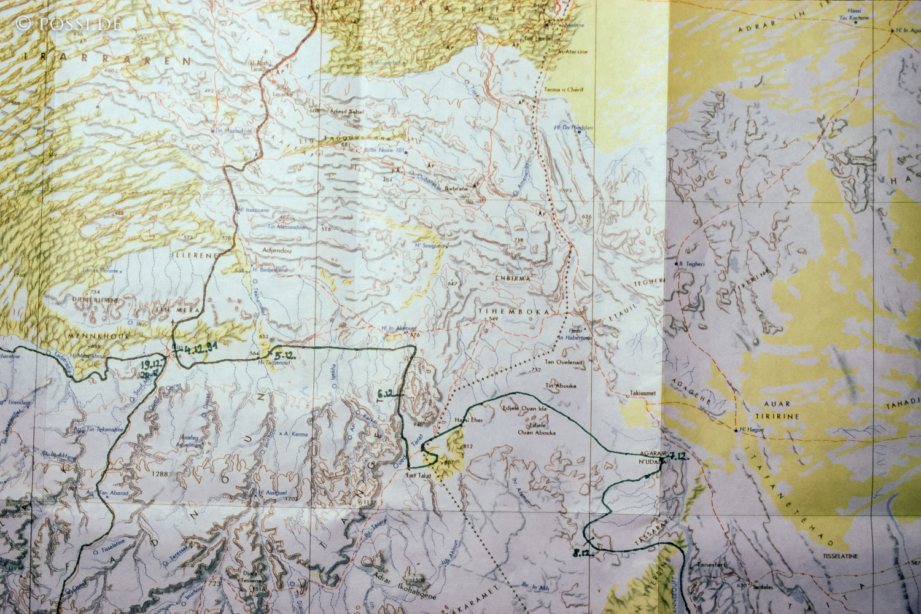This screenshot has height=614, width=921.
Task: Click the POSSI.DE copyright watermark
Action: coord(68,23)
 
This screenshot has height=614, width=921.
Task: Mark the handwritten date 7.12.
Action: coord(677,456)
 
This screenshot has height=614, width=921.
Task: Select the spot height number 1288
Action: coord(161,473)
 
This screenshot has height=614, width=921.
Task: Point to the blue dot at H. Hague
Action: coord(736,430)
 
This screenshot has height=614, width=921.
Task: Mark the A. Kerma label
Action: coord(295,433)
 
